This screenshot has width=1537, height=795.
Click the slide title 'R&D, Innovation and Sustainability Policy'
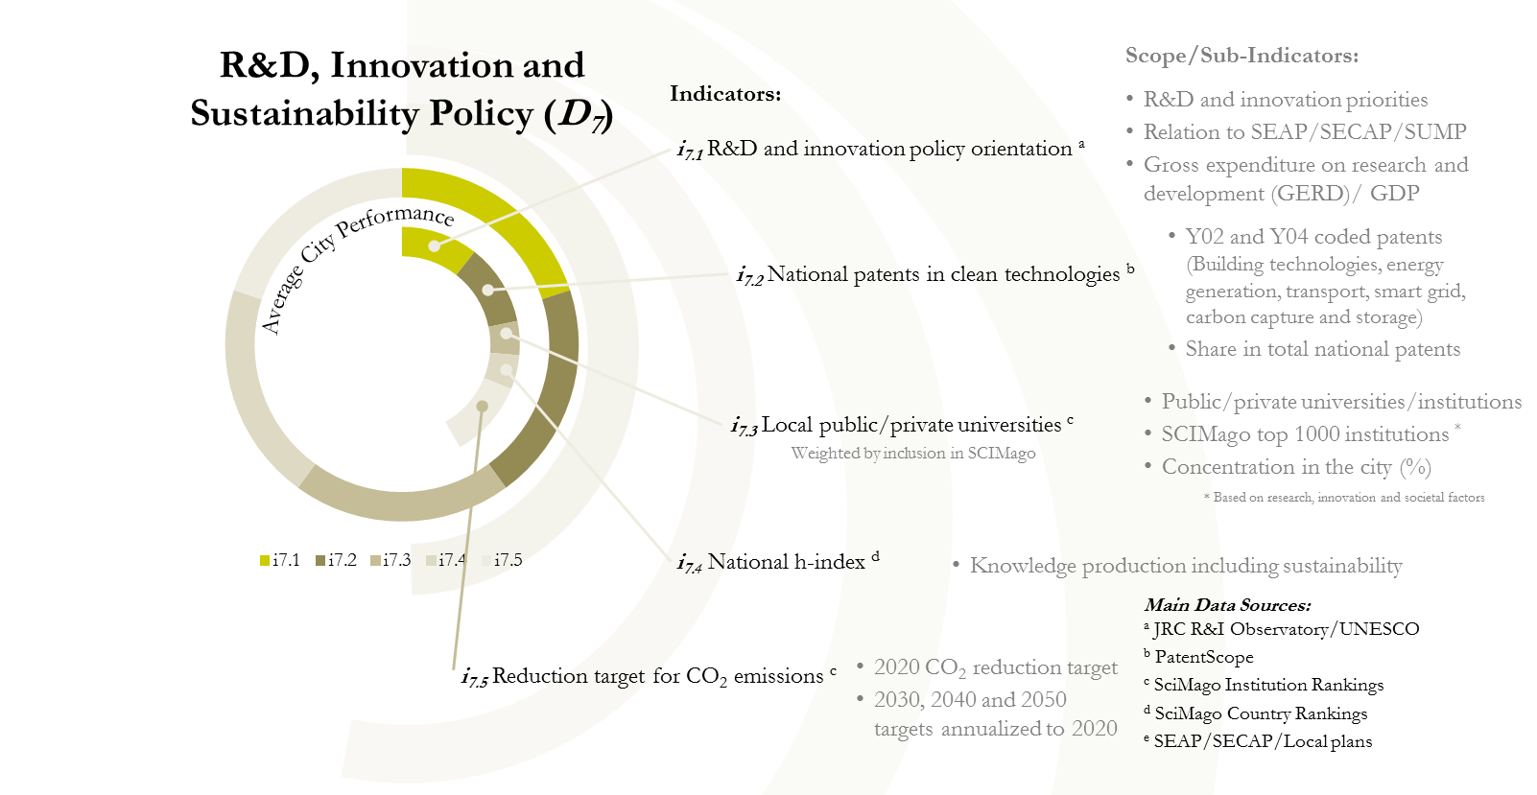point(401,89)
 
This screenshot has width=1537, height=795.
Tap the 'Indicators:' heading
point(725,94)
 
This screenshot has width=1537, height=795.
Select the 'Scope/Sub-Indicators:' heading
point(1241,56)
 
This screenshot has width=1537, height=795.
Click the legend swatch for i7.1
point(265,560)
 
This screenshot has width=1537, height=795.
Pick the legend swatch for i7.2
point(320,560)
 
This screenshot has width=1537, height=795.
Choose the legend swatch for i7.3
point(376,560)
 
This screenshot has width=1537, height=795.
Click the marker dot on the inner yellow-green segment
point(435,246)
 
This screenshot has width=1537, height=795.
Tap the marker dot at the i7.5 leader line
point(483,407)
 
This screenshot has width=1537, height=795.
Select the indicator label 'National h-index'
point(786,562)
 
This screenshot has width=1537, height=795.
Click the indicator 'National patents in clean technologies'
point(942,274)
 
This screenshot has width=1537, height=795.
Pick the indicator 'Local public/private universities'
point(910,425)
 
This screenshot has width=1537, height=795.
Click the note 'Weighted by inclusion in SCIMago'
point(913,453)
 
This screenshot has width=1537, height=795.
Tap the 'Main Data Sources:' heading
point(1227,605)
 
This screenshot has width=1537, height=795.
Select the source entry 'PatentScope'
point(1203,657)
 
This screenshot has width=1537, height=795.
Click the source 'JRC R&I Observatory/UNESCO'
point(1286,629)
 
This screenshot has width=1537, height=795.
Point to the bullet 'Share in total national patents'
point(1322,349)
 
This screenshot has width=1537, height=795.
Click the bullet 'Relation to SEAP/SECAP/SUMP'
point(1304,132)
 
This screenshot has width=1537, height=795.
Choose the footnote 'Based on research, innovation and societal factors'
point(1348,498)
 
